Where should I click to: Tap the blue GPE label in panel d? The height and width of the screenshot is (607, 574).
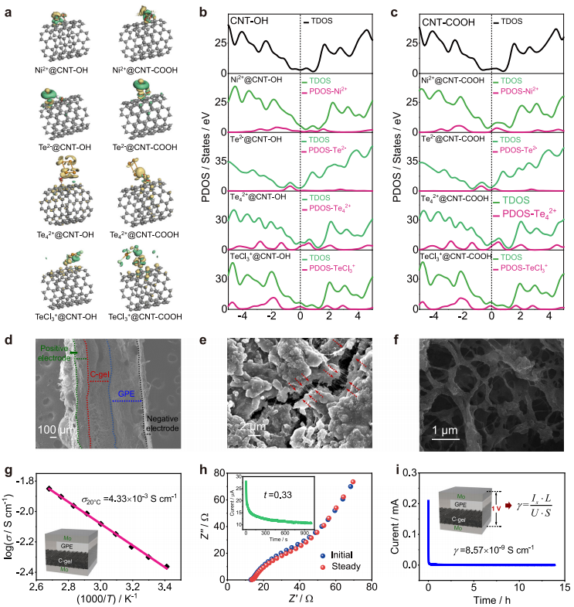(x=127, y=394)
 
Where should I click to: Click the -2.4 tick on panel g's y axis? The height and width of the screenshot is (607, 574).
(x=40, y=572)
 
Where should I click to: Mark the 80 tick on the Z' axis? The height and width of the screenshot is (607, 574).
(x=371, y=588)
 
